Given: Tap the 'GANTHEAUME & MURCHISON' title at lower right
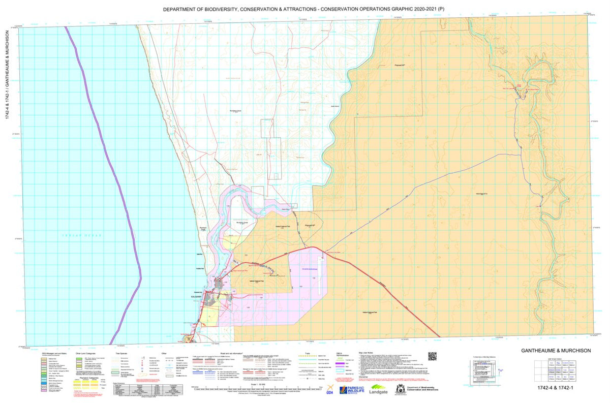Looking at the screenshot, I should (556, 351).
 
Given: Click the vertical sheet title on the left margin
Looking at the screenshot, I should (8, 74).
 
